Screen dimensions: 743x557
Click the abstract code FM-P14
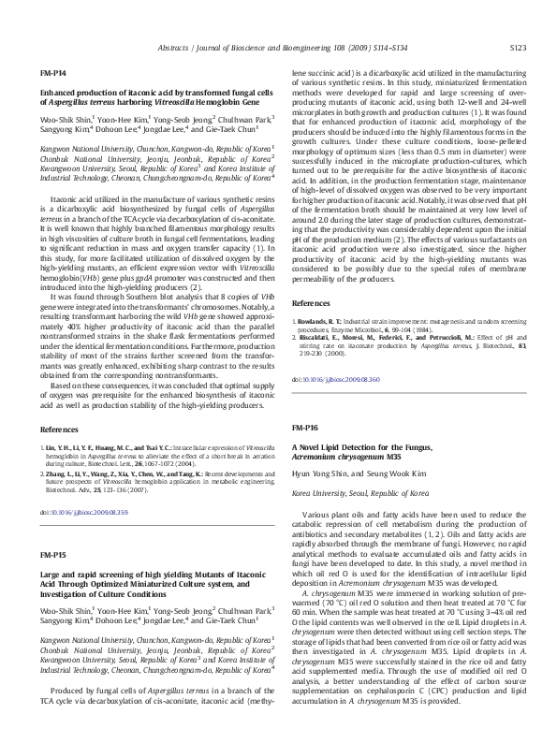(52, 72)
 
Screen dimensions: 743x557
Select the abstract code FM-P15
(52, 555)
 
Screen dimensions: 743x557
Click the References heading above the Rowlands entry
(311, 304)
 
